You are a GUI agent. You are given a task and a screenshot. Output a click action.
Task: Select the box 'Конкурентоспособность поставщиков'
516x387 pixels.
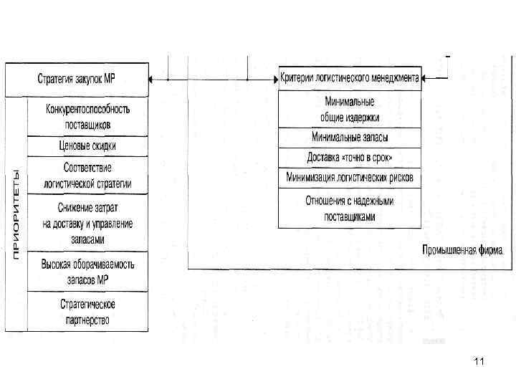click(x=87, y=116)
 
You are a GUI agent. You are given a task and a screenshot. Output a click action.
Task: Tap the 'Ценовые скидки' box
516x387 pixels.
click(x=87, y=145)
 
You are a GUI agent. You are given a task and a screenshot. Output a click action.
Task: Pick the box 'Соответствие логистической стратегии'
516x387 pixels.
click(x=87, y=175)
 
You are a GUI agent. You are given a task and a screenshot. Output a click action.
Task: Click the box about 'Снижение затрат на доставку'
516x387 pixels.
click(x=87, y=222)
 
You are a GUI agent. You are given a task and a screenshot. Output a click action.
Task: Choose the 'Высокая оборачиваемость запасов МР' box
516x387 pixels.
click(x=87, y=270)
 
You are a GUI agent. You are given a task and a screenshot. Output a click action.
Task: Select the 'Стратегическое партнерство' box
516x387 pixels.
click(x=87, y=310)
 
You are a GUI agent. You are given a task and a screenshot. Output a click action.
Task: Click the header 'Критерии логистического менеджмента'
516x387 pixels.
click(x=350, y=78)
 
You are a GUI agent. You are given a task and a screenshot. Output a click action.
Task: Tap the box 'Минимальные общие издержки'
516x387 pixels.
click(x=350, y=109)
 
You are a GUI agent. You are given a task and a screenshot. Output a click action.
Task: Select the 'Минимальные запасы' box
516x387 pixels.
click(x=350, y=138)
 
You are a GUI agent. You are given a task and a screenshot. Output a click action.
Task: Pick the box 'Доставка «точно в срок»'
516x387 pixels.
click(x=350, y=157)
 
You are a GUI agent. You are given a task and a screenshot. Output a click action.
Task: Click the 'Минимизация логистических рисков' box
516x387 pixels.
click(x=350, y=177)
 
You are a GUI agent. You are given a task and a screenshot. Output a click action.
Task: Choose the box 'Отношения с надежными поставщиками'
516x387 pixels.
click(x=350, y=209)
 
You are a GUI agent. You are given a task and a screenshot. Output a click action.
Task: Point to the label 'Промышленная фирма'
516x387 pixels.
click(x=462, y=251)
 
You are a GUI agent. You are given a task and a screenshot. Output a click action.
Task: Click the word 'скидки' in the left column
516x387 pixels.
click(x=101, y=145)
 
